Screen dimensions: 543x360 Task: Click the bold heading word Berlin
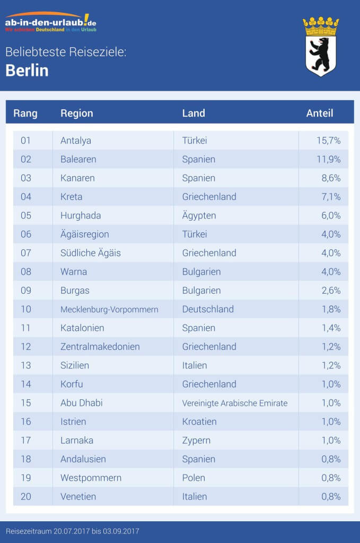(x=27, y=71)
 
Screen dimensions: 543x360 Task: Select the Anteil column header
(x=320, y=113)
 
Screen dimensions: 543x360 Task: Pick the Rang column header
(x=25, y=113)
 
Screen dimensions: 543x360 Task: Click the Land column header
(x=194, y=113)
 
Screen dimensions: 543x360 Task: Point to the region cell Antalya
(x=76, y=141)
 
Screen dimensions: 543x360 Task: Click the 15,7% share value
(x=328, y=141)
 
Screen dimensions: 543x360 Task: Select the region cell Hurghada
(x=81, y=215)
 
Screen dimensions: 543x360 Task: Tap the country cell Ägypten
(x=199, y=215)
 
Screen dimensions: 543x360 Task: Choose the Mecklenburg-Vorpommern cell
(x=109, y=309)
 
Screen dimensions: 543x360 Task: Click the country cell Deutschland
(x=208, y=309)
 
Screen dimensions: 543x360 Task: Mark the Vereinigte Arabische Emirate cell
(x=234, y=403)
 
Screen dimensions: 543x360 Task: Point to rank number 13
(x=26, y=365)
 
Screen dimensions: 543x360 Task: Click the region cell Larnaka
(x=77, y=440)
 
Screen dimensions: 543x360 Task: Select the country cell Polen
(x=194, y=478)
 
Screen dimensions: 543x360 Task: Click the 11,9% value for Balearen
(x=328, y=159)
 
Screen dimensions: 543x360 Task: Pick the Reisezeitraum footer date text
(x=73, y=531)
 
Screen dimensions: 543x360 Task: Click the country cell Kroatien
(x=199, y=422)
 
